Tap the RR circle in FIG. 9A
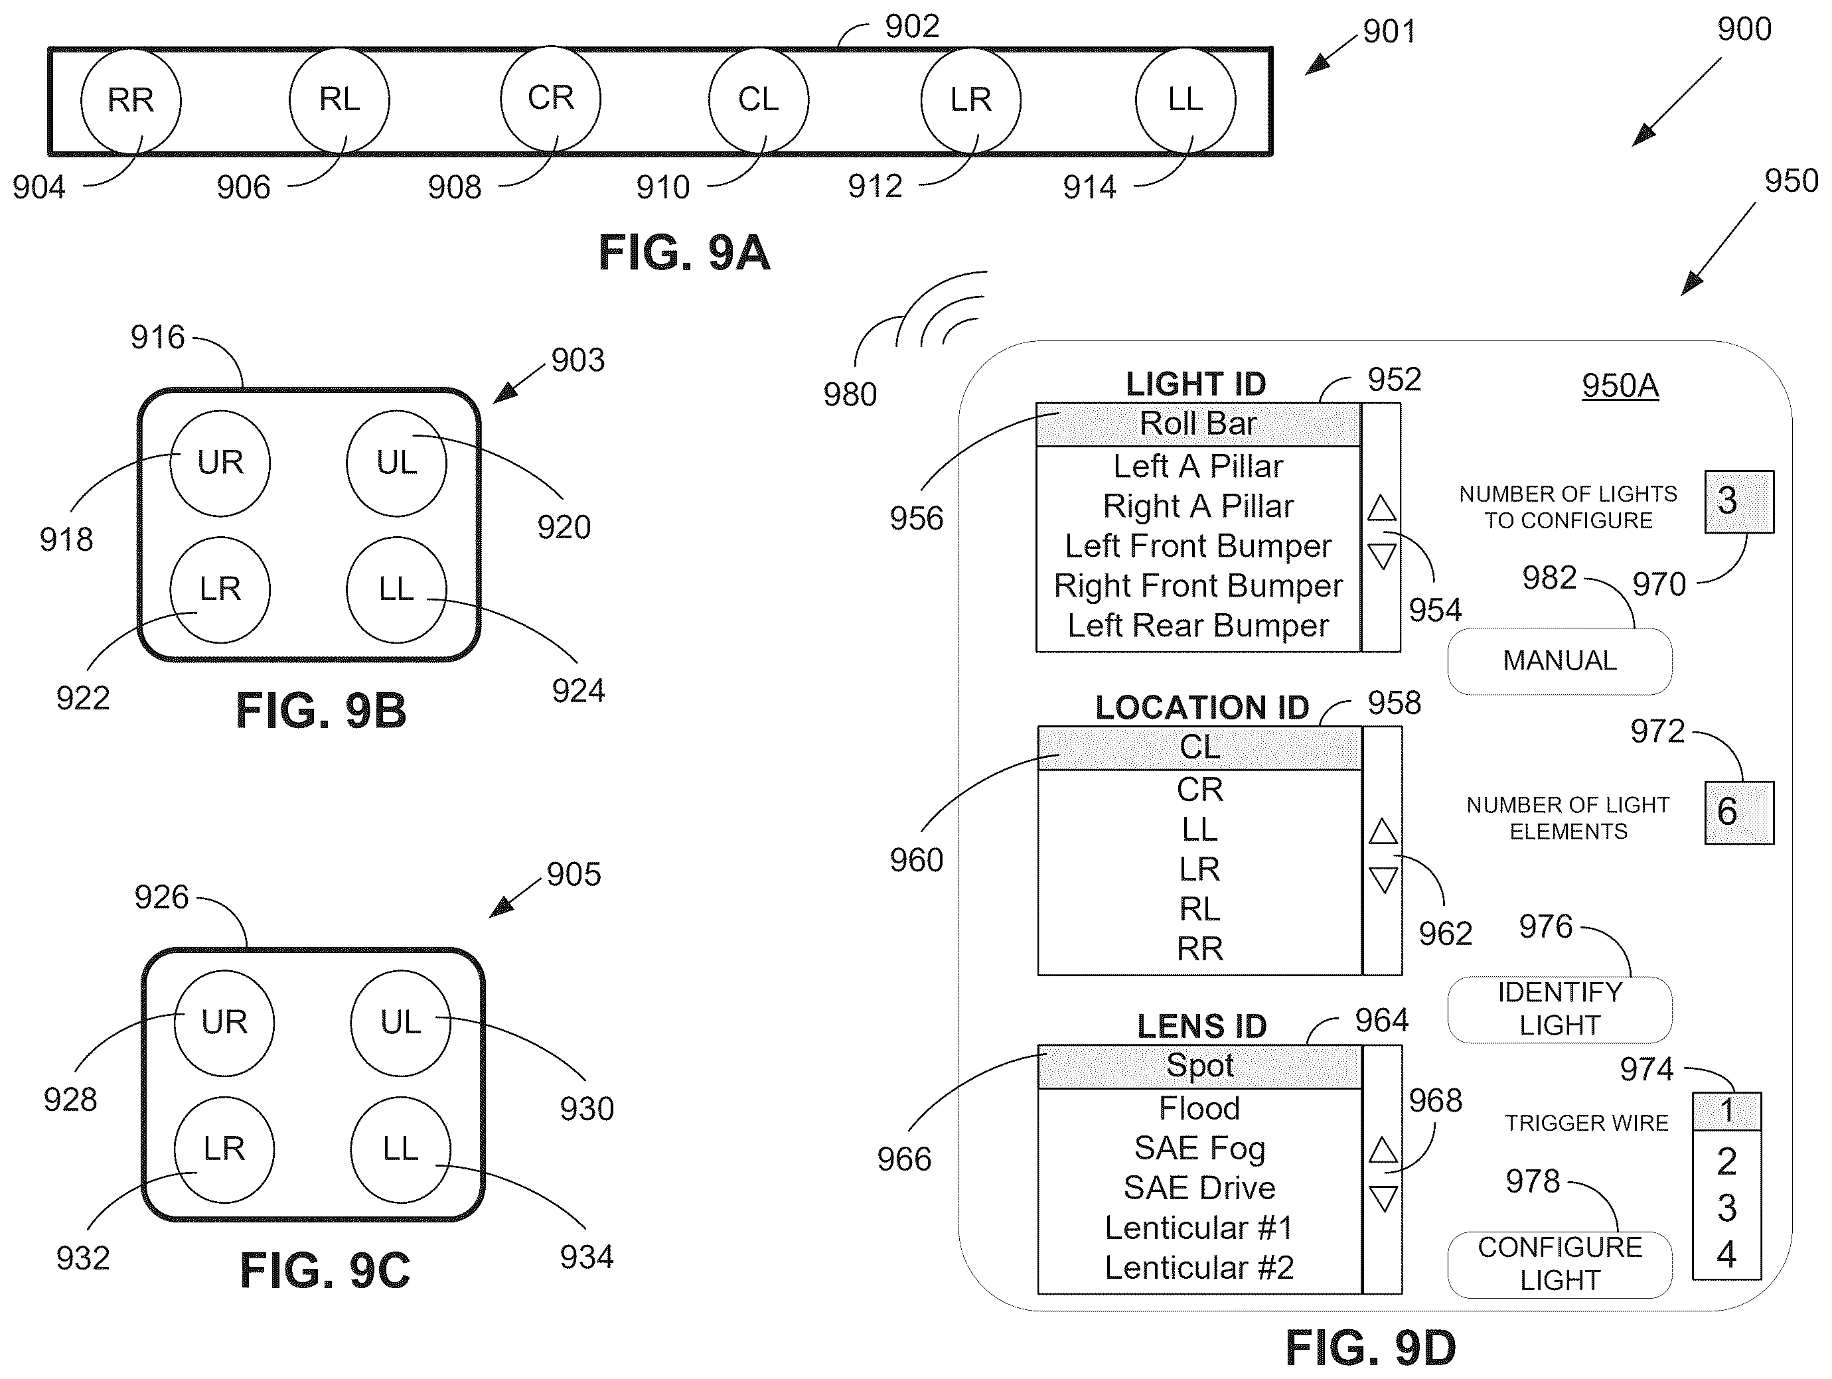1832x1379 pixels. coord(130,100)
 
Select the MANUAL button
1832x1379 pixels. coord(1559,661)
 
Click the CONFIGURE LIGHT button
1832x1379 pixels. coord(1559,1264)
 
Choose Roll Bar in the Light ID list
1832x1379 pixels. coord(1197,424)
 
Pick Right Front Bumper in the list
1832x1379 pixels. coord(1197,585)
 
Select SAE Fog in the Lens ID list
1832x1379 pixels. coord(1199,1148)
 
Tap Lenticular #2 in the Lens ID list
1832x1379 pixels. coord(1199,1268)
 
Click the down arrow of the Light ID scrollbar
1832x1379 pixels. coord(1381,555)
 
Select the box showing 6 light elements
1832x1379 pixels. coord(1738,812)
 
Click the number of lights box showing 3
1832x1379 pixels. coord(1738,501)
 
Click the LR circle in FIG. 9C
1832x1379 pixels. coord(224,1149)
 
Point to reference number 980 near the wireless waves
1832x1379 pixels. coord(850,394)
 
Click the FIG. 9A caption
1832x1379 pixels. coord(684,253)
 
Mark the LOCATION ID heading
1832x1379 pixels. coord(1201,707)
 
